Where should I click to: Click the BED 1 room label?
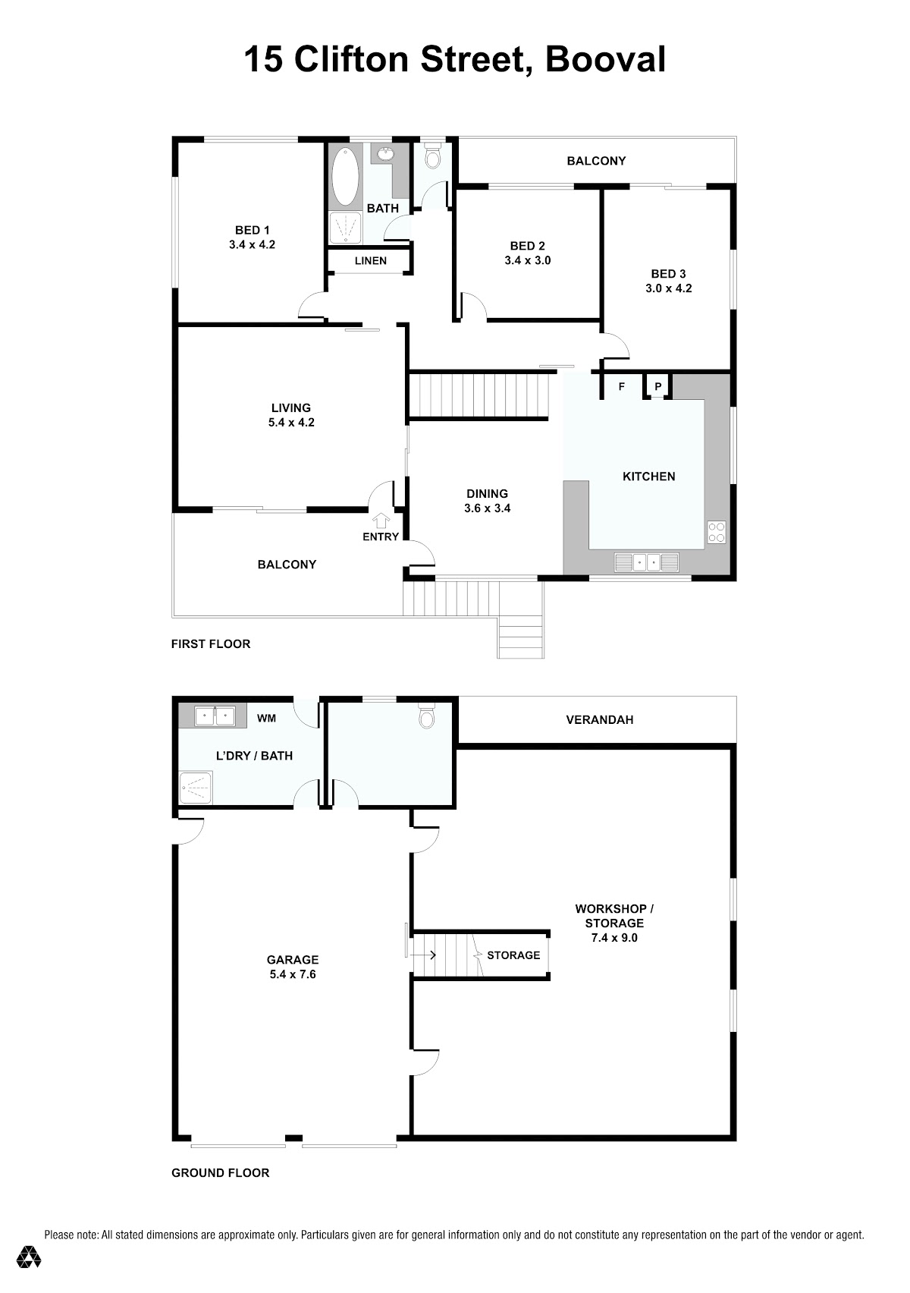point(253,230)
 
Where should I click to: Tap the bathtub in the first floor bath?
point(345,176)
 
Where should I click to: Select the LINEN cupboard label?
point(371,261)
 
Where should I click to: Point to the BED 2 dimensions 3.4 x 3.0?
point(527,260)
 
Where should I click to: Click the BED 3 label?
point(668,274)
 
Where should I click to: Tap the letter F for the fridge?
point(622,387)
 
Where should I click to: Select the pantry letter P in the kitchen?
point(657,387)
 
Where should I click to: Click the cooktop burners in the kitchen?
point(716,532)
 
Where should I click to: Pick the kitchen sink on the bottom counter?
point(646,562)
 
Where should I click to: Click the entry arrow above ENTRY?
point(380,521)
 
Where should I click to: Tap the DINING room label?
point(487,493)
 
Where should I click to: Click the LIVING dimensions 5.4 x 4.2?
point(291,423)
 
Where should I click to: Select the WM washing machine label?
point(266,718)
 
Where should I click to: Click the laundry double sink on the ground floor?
point(215,716)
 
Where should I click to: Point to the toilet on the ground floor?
point(426,717)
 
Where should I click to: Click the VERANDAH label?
point(600,720)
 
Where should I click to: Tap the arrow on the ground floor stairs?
point(424,955)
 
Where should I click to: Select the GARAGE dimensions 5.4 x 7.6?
point(292,974)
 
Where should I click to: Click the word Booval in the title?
point(605,59)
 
